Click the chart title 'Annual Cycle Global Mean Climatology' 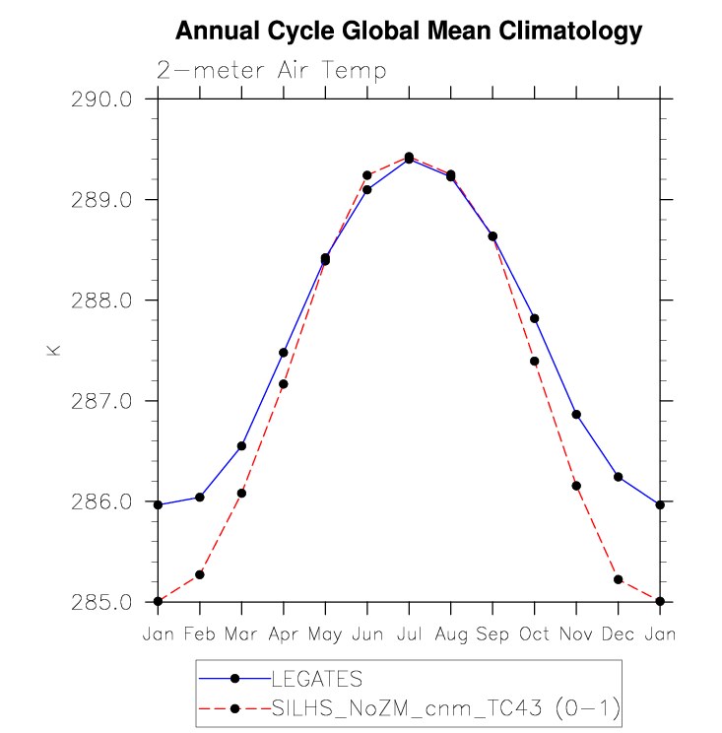[x=408, y=33]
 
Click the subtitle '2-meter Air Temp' [x=271, y=71]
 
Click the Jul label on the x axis [x=409, y=634]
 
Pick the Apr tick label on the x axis [x=284, y=634]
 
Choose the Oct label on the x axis [x=534, y=634]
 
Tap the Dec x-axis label [x=618, y=634]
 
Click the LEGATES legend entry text [x=316, y=679]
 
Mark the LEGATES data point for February [x=200, y=498]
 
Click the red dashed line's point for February [x=200, y=574]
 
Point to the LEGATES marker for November [x=576, y=415]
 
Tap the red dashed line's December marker [x=618, y=579]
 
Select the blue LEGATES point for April [x=284, y=353]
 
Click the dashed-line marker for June [x=367, y=175]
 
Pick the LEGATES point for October [x=534, y=318]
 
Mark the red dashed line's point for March [x=241, y=493]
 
